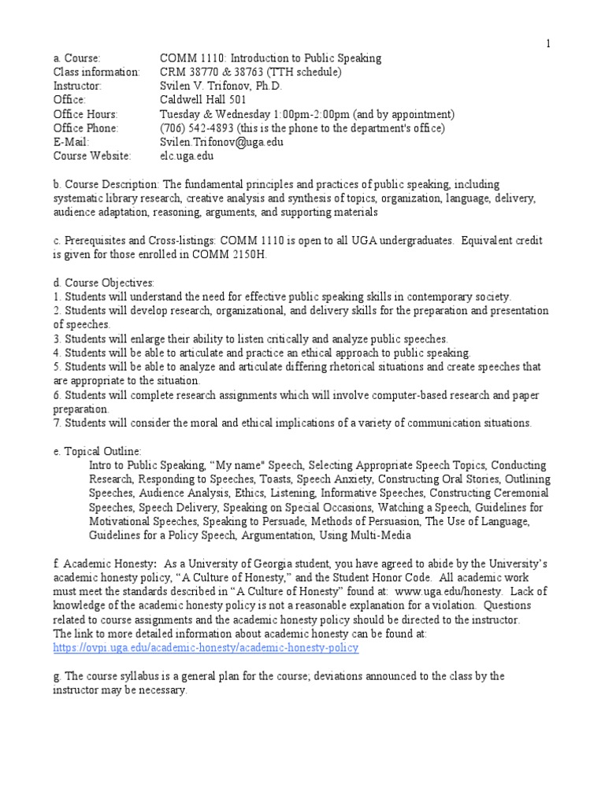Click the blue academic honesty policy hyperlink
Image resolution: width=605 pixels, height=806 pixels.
(206, 648)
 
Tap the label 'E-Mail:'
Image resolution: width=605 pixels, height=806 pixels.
(71, 142)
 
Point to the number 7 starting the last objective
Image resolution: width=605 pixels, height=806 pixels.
(57, 423)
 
